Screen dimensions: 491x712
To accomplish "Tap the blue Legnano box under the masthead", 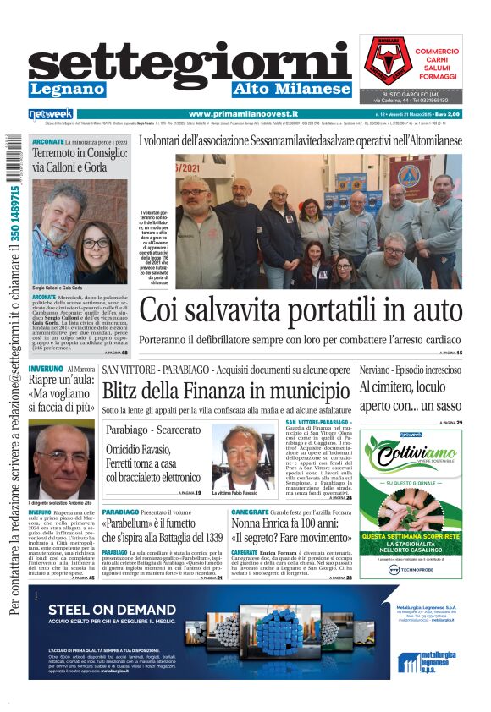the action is pos(67,89).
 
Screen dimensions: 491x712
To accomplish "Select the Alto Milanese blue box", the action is pos(291,89).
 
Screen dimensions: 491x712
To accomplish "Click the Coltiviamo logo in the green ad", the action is pos(411,457).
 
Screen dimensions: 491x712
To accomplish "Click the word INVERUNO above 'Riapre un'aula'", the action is pos(46,370).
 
